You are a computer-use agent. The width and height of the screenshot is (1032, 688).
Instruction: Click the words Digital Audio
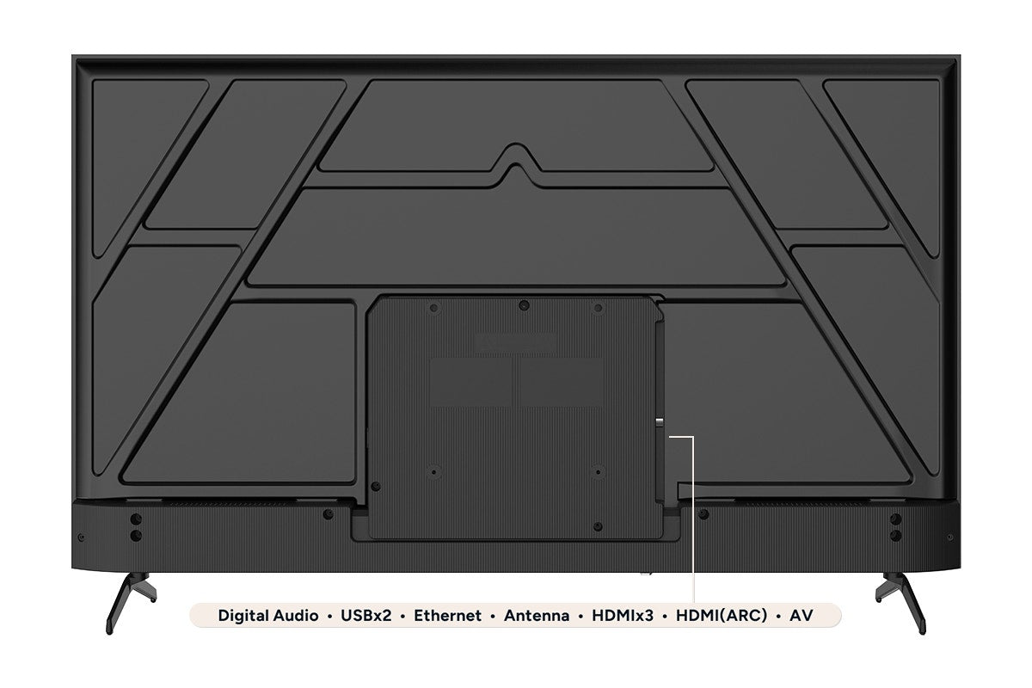(268, 616)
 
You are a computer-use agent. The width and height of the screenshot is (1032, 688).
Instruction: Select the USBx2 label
(365, 616)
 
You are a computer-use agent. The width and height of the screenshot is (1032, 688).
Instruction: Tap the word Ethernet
(447, 616)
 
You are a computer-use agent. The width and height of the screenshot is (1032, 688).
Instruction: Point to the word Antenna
(537, 616)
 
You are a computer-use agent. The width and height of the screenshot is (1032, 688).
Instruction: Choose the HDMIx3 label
(623, 616)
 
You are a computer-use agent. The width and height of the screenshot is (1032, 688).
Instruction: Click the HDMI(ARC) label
(722, 616)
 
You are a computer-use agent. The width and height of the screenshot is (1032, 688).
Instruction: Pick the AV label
(802, 616)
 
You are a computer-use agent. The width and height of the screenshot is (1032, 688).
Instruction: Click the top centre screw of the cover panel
(524, 305)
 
